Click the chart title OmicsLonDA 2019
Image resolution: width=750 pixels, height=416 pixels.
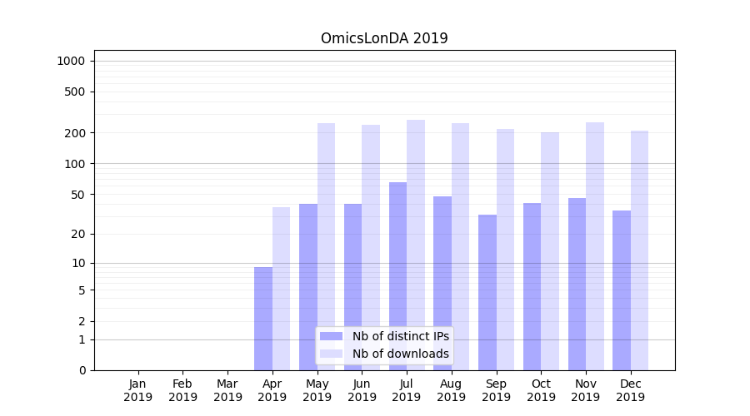pos(384,38)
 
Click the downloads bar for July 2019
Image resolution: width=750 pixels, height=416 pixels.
pos(416,245)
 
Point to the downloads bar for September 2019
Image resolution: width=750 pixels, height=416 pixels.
pos(505,250)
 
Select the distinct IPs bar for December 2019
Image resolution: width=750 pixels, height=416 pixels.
pos(622,290)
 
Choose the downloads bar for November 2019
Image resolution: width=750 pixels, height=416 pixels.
pos(595,246)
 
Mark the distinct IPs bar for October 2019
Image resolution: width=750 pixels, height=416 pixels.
pos(532,286)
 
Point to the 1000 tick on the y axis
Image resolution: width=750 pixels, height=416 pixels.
pos(71,61)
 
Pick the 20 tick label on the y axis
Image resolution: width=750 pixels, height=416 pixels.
pos(77,234)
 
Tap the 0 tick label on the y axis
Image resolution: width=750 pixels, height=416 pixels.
pos(82,370)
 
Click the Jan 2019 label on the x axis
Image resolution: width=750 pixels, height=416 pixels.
pos(138,390)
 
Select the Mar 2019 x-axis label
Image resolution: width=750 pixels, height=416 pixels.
pos(227,390)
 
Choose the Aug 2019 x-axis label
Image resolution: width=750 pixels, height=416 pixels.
pos(451,390)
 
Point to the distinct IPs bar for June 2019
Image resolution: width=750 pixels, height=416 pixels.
pos(352,287)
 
